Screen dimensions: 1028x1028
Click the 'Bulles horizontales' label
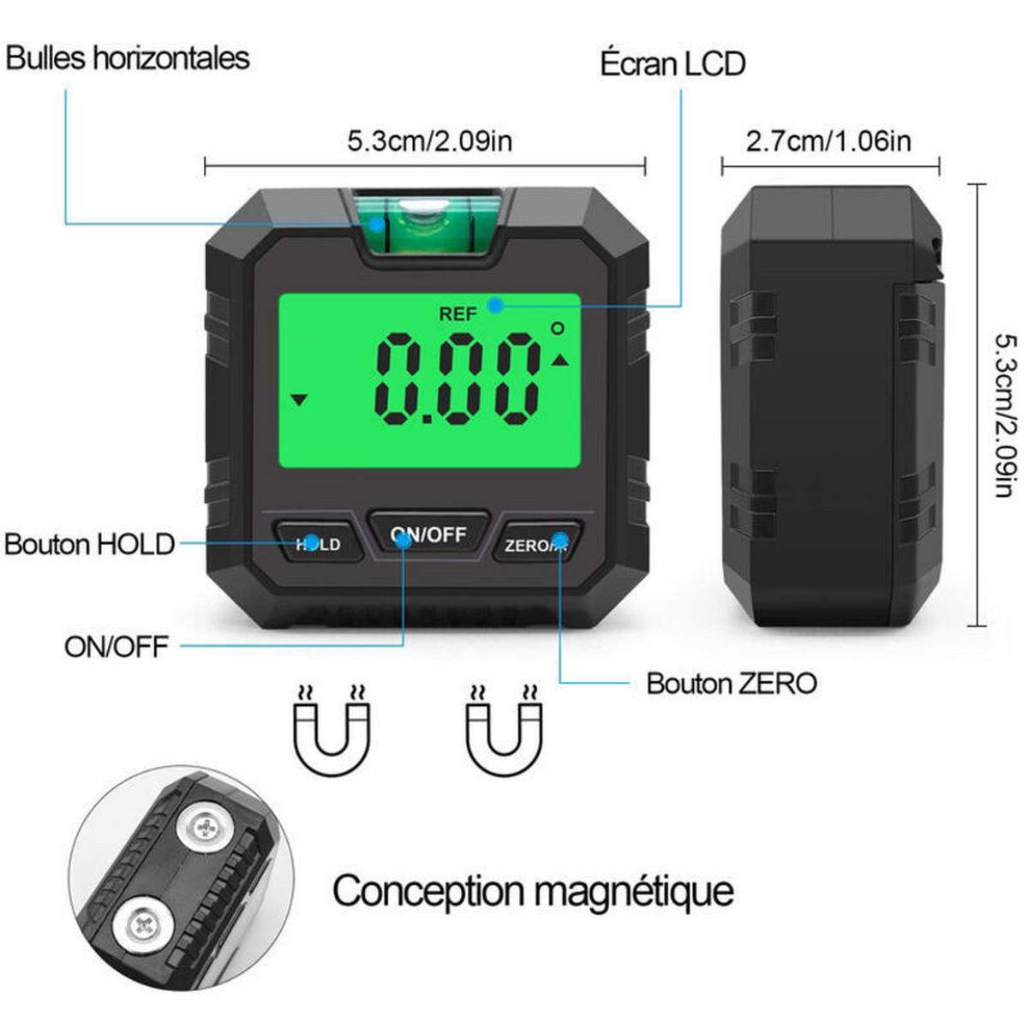click(128, 58)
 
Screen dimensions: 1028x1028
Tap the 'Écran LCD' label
click(672, 64)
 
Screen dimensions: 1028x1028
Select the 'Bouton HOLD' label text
click(90, 545)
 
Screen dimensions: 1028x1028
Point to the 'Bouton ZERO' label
click(732, 684)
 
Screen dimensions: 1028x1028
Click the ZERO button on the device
click(536, 543)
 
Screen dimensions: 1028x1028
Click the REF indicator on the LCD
click(457, 314)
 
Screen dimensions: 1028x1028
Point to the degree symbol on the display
click(558, 328)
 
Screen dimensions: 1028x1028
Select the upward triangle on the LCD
click(560, 361)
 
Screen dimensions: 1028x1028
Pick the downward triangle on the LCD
click(300, 399)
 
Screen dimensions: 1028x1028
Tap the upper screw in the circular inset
click(205, 828)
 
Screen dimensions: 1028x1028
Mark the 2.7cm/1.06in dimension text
click(828, 142)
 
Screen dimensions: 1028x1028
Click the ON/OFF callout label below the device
click(117, 647)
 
